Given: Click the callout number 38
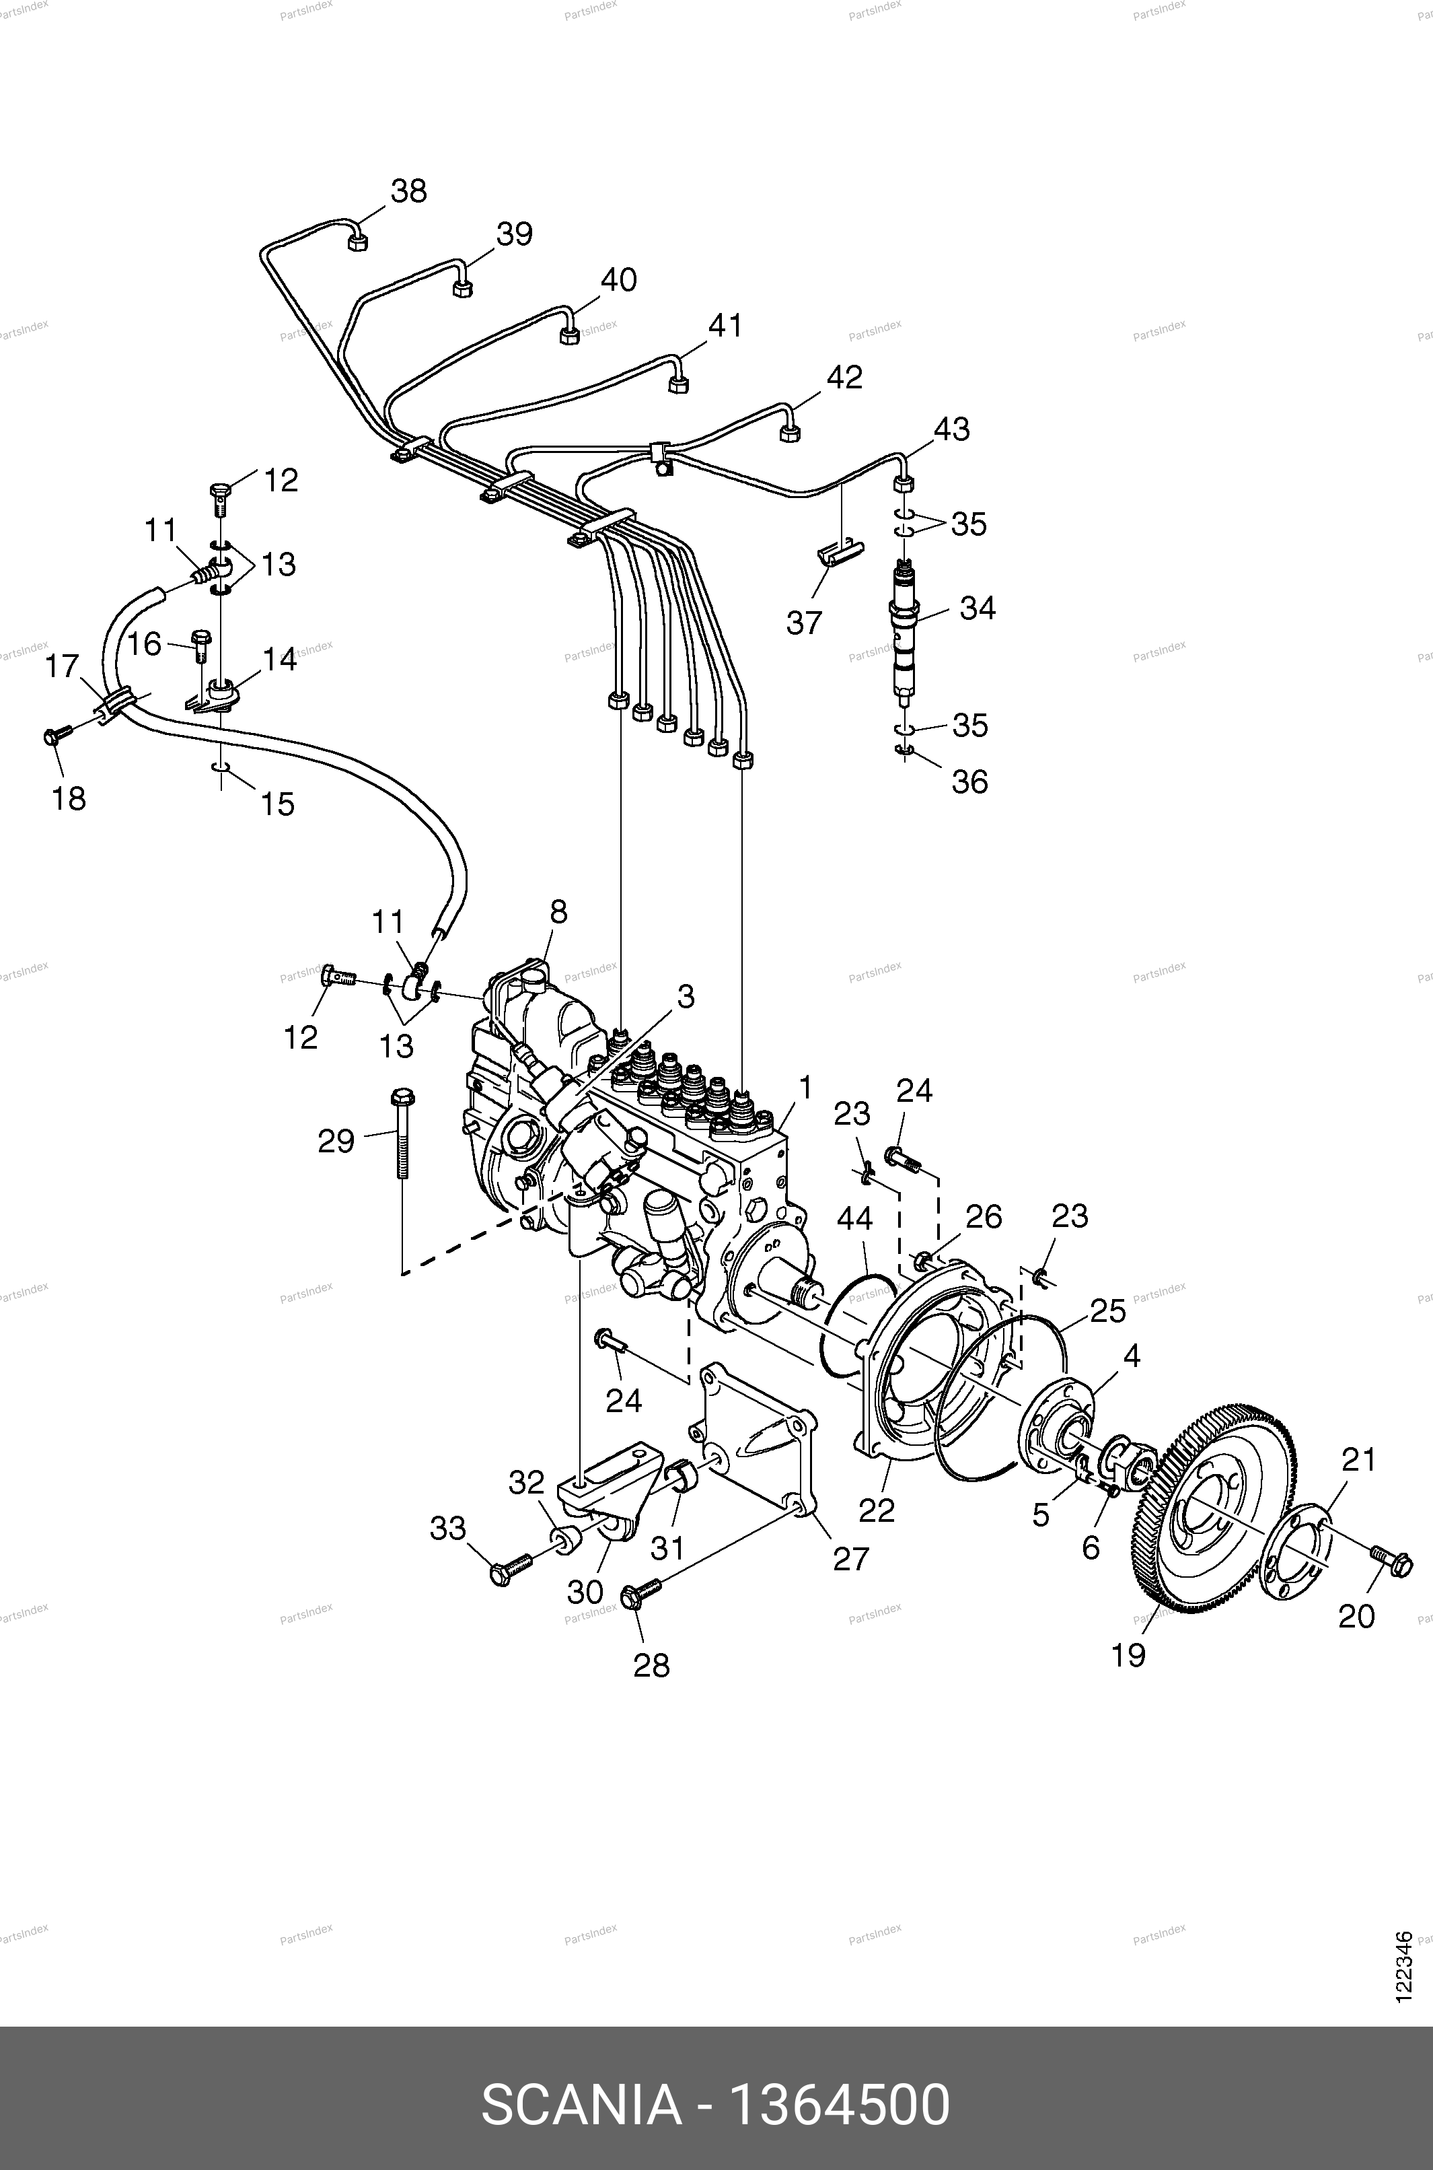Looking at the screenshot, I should pos(408,192).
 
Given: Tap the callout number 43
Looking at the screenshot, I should pos(951,429).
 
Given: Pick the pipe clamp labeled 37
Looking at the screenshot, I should pos(840,554).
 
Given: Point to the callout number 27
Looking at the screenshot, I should pos(850,1558).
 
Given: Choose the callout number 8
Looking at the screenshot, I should pos(558,912).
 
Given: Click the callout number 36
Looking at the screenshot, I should pos(969,781).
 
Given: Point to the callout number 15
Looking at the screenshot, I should pos(278,804).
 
